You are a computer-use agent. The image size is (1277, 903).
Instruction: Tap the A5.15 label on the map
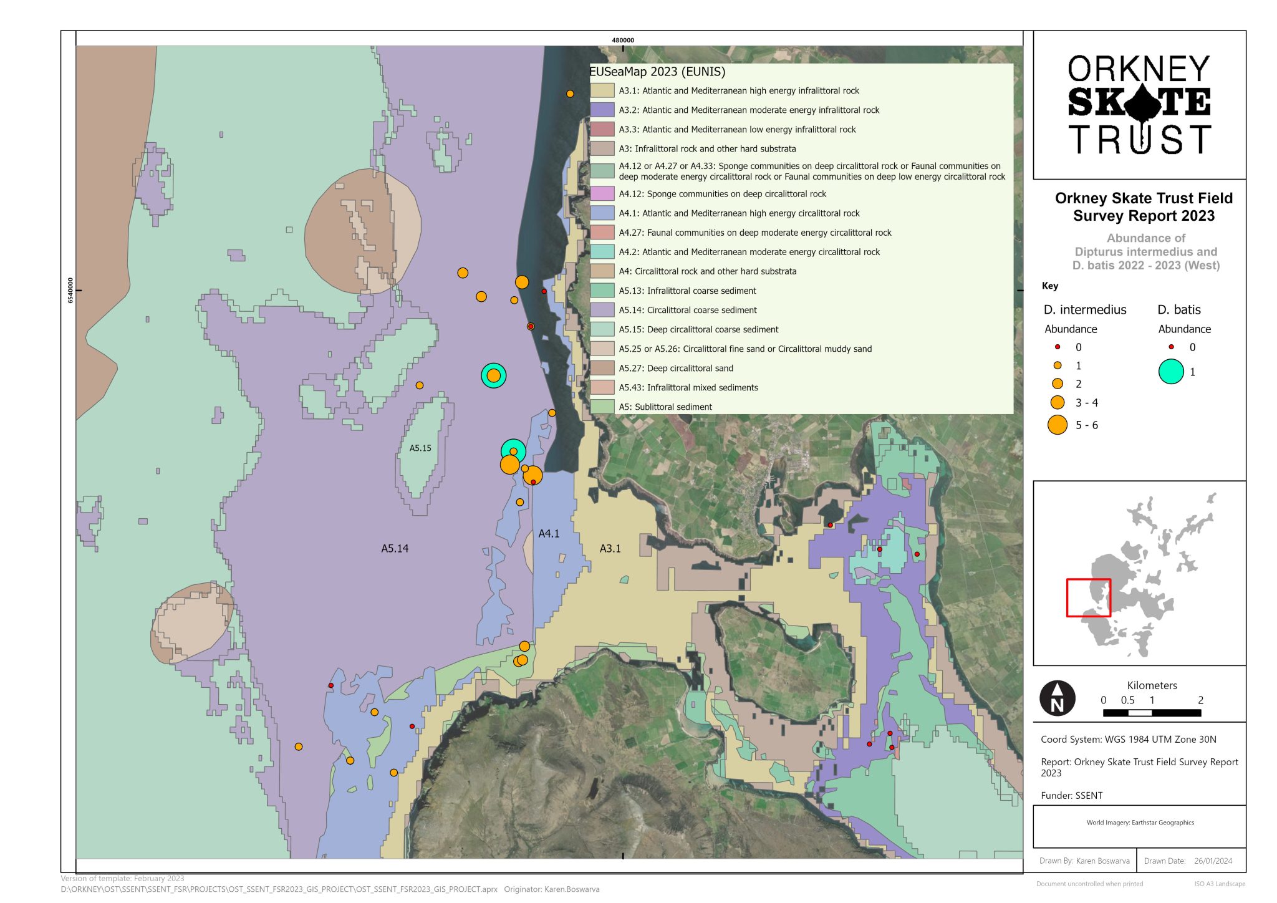[420, 448]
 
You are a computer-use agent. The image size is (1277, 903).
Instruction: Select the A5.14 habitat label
[395, 549]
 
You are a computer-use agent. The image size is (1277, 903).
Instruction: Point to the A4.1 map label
[549, 534]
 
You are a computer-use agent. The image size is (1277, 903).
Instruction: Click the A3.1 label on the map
[610, 549]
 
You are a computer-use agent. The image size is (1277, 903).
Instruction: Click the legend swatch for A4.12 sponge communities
[602, 194]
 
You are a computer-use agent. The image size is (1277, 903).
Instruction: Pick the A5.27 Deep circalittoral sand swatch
[602, 368]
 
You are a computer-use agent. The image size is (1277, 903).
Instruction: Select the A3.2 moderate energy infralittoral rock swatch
[602, 110]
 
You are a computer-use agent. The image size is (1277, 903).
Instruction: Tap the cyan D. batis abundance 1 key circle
[1171, 372]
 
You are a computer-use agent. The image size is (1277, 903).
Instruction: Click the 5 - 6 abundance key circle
[1058, 425]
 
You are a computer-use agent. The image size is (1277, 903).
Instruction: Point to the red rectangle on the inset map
[1089, 598]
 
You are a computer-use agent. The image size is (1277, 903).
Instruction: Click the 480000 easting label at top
[622, 40]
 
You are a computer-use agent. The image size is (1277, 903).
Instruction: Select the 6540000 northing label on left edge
[70, 291]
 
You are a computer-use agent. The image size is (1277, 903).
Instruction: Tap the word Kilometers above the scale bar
[1152, 685]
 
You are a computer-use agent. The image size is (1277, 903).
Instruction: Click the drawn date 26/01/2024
[1213, 861]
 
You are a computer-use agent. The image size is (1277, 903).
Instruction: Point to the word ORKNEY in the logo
[1139, 69]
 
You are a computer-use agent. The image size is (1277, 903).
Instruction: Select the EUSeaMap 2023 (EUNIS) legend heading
[657, 72]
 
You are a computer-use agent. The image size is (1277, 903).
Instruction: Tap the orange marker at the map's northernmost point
[570, 94]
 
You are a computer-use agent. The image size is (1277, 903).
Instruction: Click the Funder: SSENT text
[1071, 795]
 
